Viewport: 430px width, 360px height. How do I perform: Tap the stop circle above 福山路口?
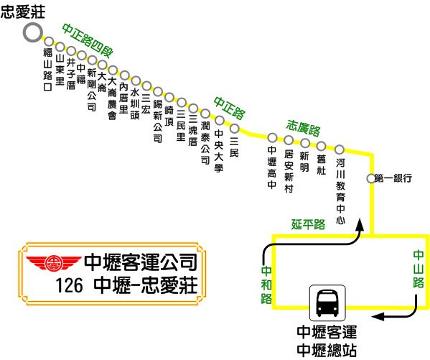[49, 42]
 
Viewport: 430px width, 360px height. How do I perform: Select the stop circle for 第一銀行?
[370, 178]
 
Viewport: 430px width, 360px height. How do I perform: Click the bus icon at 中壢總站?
[327, 303]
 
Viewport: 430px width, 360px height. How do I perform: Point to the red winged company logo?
[54, 263]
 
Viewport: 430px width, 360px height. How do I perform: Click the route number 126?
[69, 285]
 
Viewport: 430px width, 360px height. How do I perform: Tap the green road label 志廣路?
[303, 128]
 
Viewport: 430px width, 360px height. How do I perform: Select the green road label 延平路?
[308, 224]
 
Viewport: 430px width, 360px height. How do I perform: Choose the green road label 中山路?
[419, 269]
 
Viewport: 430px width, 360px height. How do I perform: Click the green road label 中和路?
[266, 285]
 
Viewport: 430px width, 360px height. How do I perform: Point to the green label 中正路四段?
[88, 41]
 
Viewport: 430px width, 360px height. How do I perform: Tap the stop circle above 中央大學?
[220, 120]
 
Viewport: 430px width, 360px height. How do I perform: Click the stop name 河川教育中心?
[340, 191]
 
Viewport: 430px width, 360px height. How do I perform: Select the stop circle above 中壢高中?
[272, 137]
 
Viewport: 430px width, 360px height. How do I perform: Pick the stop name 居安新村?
[289, 171]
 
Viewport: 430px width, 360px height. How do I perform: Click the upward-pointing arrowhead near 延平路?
[360, 225]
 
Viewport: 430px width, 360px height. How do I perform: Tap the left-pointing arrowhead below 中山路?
[378, 317]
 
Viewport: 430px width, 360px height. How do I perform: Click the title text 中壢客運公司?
[141, 262]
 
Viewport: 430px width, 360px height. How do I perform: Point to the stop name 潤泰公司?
[205, 143]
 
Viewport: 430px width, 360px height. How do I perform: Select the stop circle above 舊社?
[321, 146]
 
